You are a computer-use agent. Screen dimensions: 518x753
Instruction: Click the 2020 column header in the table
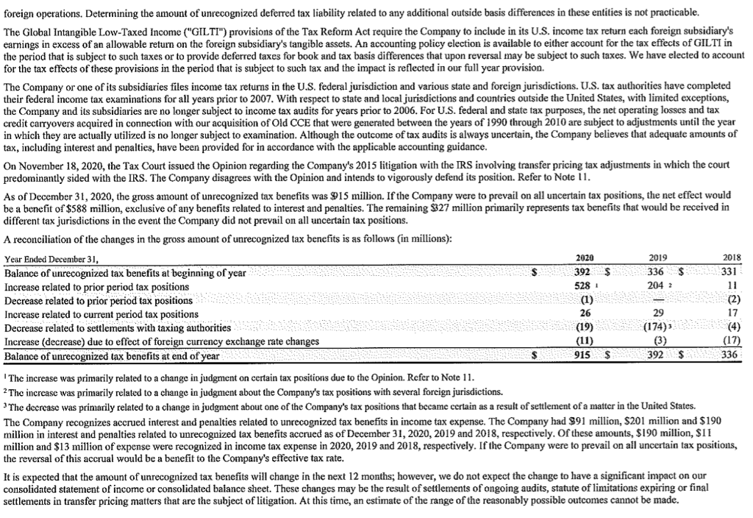pos(584,258)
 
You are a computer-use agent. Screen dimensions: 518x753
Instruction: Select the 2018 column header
pos(732,258)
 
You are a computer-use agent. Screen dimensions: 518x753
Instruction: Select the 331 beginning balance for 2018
pos(732,273)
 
